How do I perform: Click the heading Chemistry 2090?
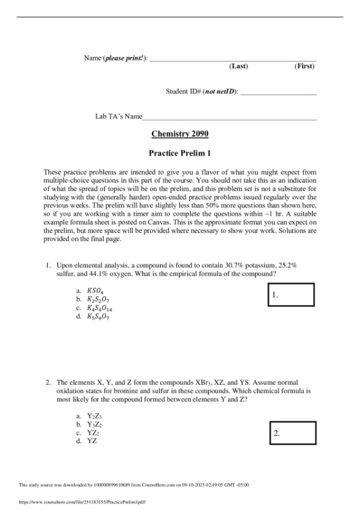pyautogui.click(x=179, y=134)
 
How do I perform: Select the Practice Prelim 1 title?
pyautogui.click(x=179, y=154)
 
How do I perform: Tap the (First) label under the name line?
pyautogui.click(x=304, y=66)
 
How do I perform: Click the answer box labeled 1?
pyautogui.click(x=291, y=296)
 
